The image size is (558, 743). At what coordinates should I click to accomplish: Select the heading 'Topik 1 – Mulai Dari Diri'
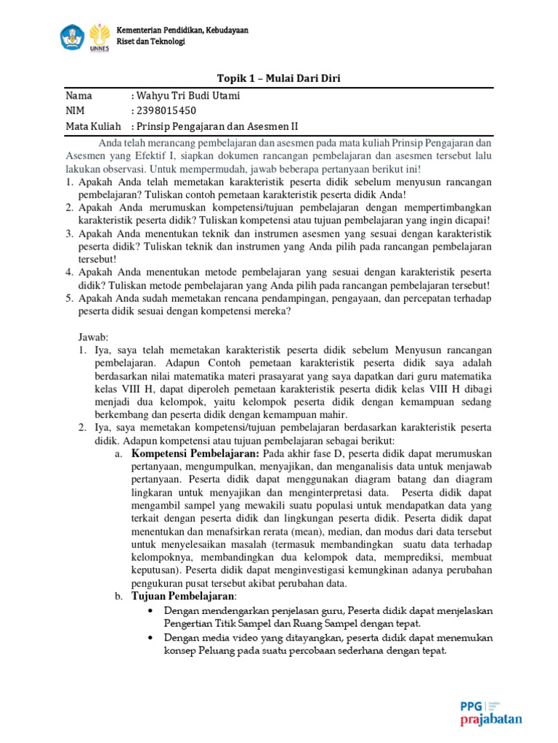(278, 78)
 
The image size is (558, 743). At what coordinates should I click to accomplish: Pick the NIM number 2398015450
(165, 111)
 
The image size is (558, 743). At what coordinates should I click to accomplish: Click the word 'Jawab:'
(93, 337)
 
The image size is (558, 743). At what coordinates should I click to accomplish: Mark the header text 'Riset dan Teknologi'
(151, 41)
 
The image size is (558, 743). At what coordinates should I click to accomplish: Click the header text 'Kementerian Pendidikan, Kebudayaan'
(182, 30)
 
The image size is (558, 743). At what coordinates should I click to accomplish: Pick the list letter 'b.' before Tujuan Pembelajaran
(118, 596)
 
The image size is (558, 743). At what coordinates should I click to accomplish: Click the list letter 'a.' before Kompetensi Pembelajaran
(118, 453)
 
